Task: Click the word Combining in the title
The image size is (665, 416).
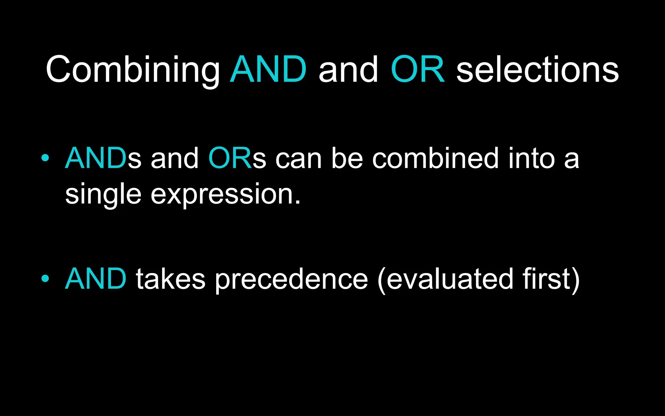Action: pos(132,70)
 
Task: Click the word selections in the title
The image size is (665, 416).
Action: pos(537,70)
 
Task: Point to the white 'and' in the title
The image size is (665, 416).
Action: pos(348,70)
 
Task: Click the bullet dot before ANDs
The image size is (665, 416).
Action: pos(45,158)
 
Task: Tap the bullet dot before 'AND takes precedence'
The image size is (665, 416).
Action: pos(45,279)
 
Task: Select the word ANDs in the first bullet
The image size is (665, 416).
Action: pos(103,158)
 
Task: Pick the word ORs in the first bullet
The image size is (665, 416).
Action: pos(237,158)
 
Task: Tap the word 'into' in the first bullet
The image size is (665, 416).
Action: pos(532,158)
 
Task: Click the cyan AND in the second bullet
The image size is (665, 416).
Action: pos(96,279)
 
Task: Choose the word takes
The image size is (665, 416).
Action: pos(170,279)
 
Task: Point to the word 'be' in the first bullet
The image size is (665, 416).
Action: pos(347,158)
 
